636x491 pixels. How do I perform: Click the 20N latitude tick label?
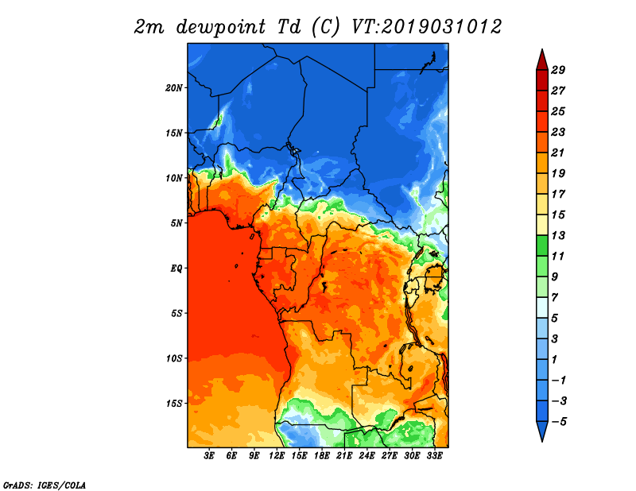[174, 87]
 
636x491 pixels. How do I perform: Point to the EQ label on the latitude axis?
[176, 268]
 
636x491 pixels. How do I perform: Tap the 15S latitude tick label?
[174, 404]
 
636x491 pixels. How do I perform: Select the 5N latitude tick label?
[176, 223]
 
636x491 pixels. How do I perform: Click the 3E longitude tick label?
[209, 456]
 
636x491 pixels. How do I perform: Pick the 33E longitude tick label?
[434, 456]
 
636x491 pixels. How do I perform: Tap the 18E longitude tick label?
[322, 456]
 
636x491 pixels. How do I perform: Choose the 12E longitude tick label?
[277, 456]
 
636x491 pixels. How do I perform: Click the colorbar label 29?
[558, 70]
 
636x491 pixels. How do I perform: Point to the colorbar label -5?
[559, 422]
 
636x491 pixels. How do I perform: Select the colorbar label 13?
[558, 235]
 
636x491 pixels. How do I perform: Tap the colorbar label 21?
[558, 153]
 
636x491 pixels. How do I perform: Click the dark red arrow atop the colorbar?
[542, 61]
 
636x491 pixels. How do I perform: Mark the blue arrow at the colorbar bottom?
[542, 431]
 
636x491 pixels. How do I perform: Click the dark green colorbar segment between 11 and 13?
[542, 246]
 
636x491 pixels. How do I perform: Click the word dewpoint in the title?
[221, 28]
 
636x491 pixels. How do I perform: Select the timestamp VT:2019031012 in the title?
[426, 27]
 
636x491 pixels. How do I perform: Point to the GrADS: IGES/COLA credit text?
[45, 485]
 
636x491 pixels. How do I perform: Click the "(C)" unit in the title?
[325, 28]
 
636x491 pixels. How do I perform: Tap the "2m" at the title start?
[149, 28]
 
